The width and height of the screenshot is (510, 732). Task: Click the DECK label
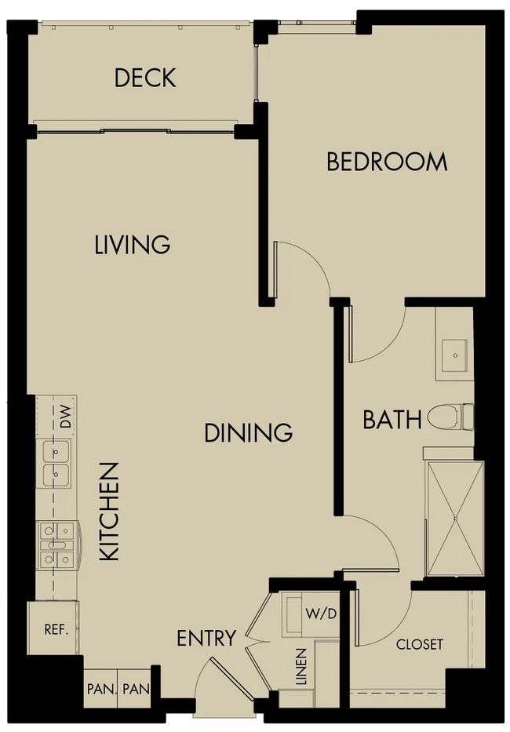[145, 78]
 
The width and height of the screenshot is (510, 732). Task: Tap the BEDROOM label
[387, 162]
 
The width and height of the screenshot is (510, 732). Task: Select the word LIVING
[133, 245]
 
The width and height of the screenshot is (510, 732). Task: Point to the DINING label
[249, 432]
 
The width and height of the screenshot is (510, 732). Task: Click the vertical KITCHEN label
[110, 512]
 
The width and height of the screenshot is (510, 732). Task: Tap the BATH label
[392, 419]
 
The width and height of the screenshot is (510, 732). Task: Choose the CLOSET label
[420, 645]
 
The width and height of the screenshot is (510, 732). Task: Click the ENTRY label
[206, 638]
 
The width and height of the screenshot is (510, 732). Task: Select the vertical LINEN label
[302, 667]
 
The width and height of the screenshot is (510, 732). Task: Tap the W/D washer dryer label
[322, 614]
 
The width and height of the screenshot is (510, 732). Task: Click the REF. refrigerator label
[56, 629]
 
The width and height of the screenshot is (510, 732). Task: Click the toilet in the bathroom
[450, 417]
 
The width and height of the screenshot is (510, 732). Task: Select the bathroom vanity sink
[454, 355]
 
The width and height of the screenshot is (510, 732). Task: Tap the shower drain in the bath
[456, 518]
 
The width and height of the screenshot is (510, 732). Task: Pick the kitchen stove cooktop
[58, 544]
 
